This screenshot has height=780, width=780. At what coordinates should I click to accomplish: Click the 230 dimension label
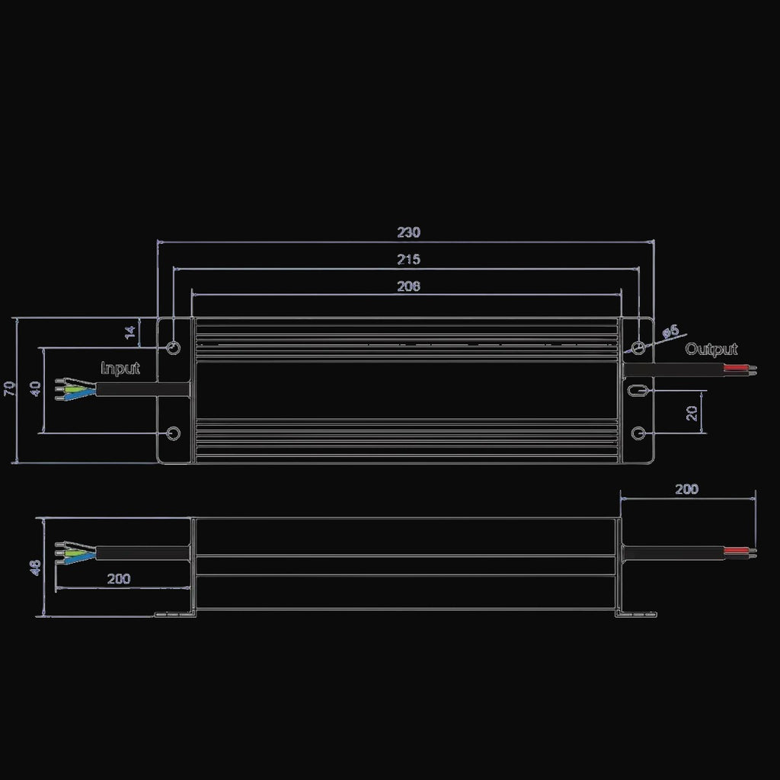[408, 232]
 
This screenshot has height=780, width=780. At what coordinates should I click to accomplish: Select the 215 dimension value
[408, 259]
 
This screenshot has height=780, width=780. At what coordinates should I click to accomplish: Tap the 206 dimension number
[408, 286]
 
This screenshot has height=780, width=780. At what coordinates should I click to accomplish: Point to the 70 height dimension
[9, 388]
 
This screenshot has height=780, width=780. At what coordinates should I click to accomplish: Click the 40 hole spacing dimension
[35, 388]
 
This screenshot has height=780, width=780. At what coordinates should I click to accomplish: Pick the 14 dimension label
[129, 332]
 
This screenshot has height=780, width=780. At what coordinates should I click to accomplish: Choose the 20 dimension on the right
[692, 413]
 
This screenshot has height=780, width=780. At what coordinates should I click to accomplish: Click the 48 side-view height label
[35, 567]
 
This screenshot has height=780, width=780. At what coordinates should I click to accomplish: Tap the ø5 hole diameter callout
[671, 331]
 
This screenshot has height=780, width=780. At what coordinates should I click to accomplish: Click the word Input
[120, 369]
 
